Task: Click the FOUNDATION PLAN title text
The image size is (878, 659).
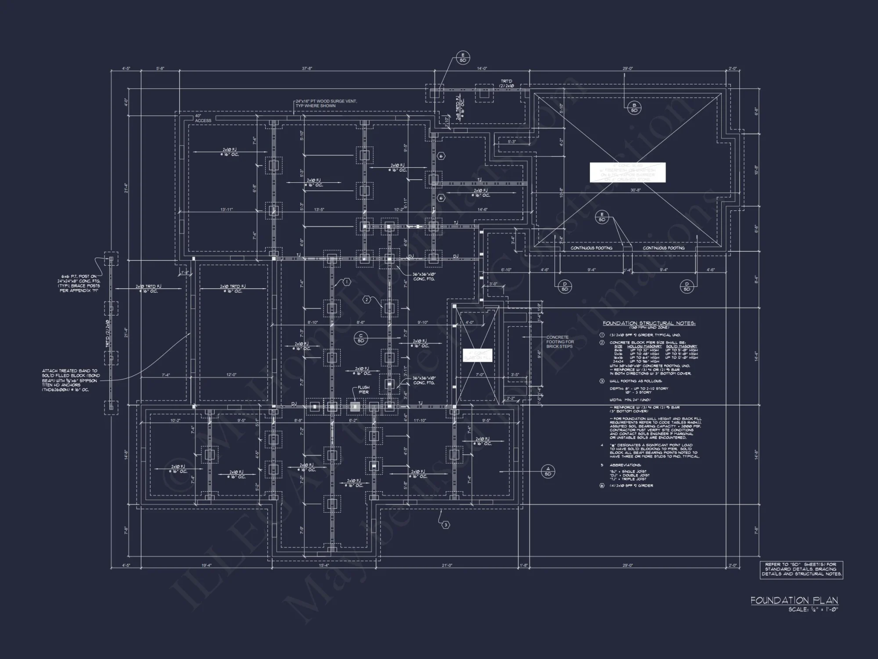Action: pos(794,600)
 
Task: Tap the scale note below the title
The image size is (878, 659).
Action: pos(813,610)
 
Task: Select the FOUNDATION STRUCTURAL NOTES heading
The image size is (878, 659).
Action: pos(648,323)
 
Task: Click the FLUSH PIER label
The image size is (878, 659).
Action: pos(363,390)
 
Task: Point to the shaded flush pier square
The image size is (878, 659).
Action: pos(355,407)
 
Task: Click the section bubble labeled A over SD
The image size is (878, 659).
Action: pos(547,471)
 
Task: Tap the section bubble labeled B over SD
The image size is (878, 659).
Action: pos(634,108)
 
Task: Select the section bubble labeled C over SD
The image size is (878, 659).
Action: pos(361,338)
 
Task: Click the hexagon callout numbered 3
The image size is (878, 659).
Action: pos(445,525)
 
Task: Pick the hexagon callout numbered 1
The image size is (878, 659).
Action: pos(346,282)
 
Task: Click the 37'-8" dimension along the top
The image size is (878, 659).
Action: pos(307,69)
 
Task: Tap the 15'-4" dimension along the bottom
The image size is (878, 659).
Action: pos(323,565)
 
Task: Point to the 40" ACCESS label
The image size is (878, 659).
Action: pos(203,118)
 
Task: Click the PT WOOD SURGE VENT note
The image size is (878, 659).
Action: pos(326,103)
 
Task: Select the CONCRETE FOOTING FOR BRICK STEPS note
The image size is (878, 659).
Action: pos(560,342)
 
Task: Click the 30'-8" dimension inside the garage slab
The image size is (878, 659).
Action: pos(635,190)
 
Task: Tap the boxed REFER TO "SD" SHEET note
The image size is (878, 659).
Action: pos(801,569)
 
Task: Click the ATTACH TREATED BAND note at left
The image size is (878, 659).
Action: pos(71,380)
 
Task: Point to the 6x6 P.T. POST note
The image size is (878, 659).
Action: pos(79,283)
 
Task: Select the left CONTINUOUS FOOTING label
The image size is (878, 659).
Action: pos(591,248)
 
